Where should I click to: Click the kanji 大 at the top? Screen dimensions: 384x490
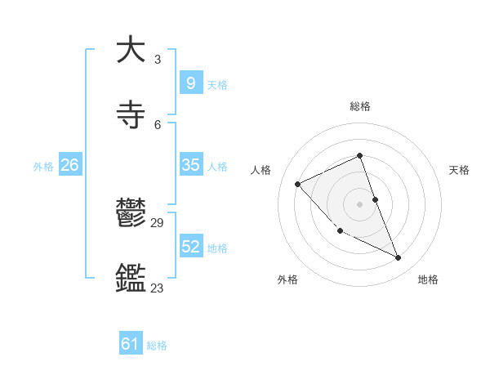coord(131,50)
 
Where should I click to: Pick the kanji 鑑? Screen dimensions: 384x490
coord(131,278)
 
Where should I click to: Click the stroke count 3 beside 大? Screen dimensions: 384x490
coord(158,60)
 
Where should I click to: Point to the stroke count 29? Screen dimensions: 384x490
coord(158,223)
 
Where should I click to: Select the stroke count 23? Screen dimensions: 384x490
coord(158,288)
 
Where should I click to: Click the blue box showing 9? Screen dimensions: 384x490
coord(190,83)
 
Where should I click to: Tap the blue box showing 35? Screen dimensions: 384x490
coord(190,165)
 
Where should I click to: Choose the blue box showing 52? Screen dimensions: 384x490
coord(190,247)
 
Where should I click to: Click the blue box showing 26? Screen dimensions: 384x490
coord(69,165)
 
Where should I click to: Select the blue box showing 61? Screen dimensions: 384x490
coord(131,344)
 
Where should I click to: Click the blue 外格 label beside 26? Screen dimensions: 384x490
coord(43,167)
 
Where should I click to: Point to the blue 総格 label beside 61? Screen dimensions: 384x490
coord(158,346)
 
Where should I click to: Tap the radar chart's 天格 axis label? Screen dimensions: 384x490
coord(460,170)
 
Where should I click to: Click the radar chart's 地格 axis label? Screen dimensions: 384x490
coord(428,279)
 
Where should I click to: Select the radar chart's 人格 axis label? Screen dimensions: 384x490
coord(261,170)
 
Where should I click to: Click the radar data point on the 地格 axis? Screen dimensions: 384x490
coord(399,258)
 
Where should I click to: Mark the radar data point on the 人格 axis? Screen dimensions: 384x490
coord(298,184)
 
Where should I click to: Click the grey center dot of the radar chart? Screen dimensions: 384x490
coord(360,203)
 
